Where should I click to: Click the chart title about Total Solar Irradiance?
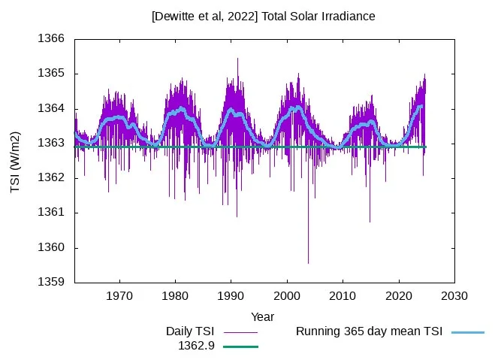263,16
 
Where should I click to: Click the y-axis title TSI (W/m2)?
16,162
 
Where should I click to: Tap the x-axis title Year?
262,317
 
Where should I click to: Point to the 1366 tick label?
51,39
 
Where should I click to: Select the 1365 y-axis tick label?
51,74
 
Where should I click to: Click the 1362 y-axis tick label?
51,178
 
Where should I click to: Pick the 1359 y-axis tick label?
51,283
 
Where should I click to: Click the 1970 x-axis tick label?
119,295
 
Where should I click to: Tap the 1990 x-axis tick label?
231,295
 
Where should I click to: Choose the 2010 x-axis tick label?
343,295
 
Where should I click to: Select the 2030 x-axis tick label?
454,295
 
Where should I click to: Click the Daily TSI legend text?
190,331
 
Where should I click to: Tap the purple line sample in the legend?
240,331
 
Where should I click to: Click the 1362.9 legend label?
196,346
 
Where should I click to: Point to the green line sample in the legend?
240,346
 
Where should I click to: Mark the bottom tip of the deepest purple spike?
308,263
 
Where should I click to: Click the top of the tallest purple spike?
237,58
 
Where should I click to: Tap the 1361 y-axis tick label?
51,213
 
